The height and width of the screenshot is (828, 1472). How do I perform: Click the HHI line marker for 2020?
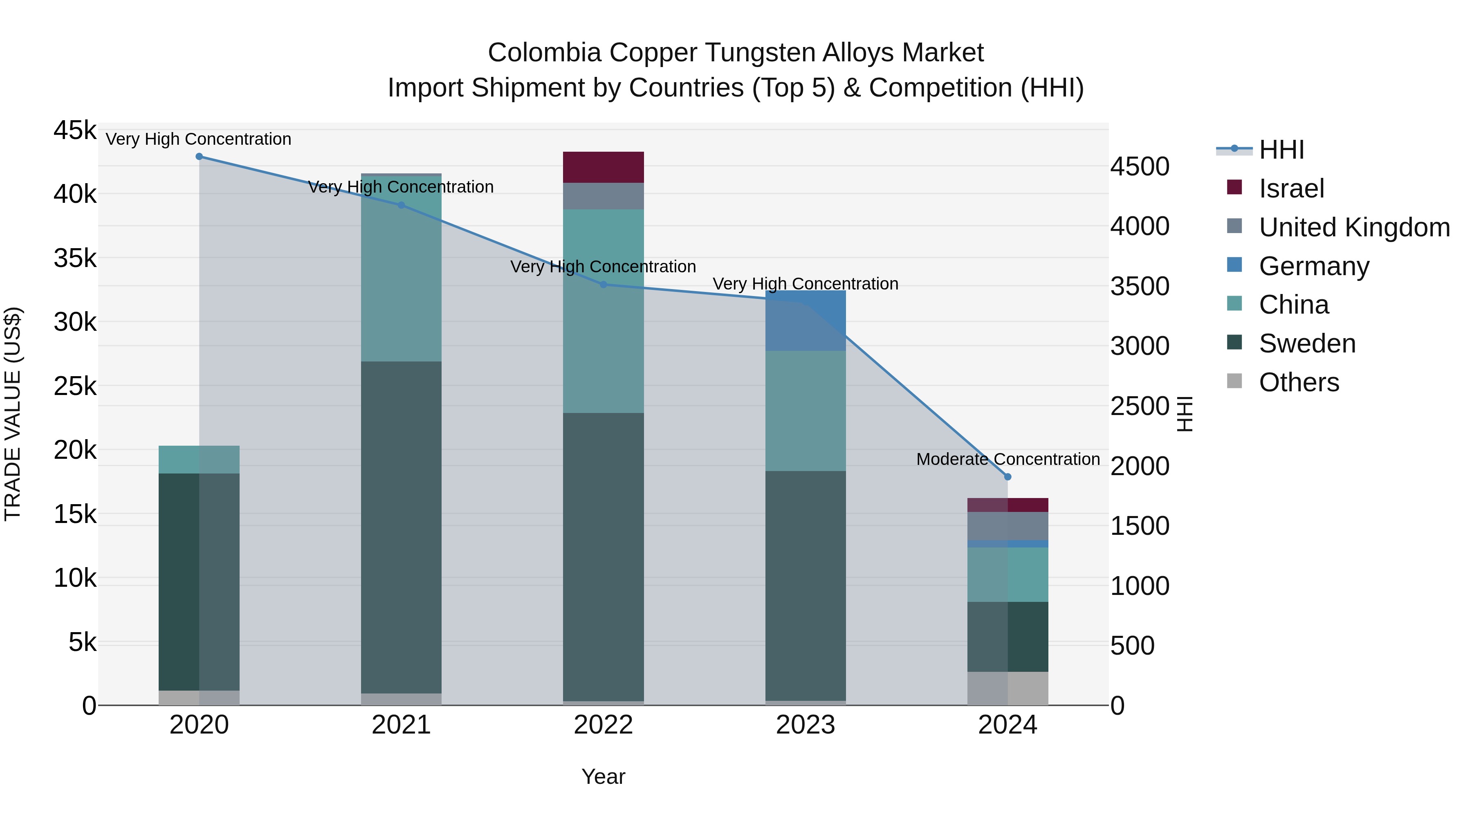[x=199, y=156]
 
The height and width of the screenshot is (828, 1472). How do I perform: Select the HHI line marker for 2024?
[x=1008, y=477]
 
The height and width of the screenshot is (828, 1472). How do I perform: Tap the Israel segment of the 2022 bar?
[x=604, y=167]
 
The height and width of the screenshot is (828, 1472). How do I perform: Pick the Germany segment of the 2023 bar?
[x=806, y=320]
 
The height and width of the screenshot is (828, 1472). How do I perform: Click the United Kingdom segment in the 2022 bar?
[x=604, y=196]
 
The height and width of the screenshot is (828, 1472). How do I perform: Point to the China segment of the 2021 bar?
[x=401, y=269]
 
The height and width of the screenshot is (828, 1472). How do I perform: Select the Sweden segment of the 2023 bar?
[x=806, y=586]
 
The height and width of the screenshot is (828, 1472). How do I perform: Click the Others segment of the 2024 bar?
[x=1008, y=688]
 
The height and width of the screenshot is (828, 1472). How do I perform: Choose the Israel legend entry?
[x=1291, y=188]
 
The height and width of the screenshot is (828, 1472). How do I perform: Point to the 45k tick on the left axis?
[x=75, y=130]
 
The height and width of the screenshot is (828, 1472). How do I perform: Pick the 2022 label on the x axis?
[x=604, y=725]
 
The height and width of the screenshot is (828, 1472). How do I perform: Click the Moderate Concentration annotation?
[x=1008, y=459]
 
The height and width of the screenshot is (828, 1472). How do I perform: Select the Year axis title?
[x=604, y=776]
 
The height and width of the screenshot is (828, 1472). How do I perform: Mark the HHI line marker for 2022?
[x=604, y=284]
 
